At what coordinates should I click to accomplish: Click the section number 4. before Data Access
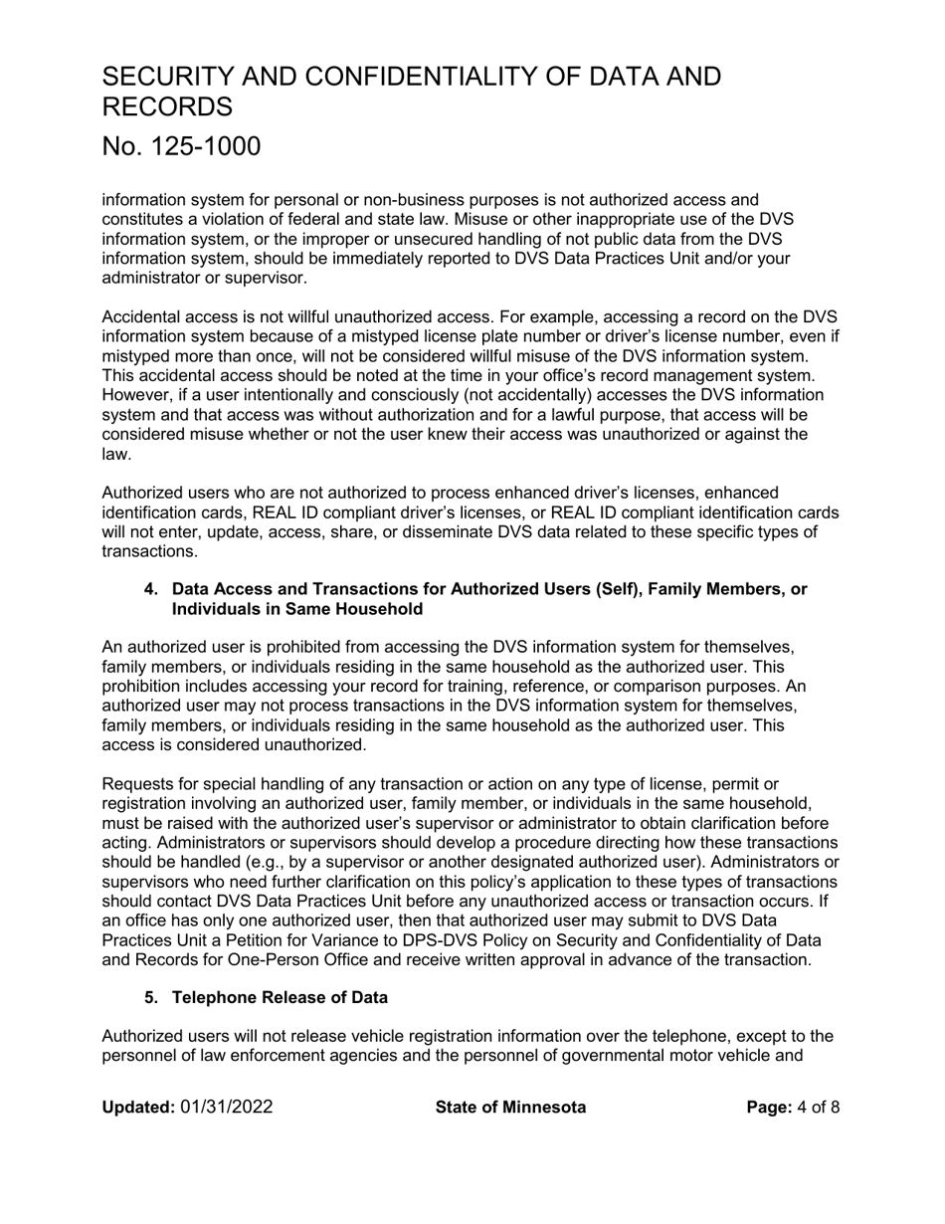point(151,589)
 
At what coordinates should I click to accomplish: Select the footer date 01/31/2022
point(226,1108)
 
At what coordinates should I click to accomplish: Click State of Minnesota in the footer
point(510,1108)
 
